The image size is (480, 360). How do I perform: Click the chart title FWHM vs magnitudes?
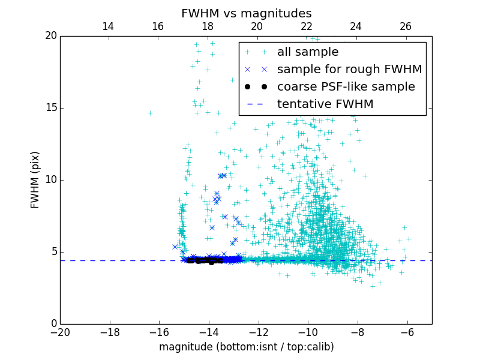coord(246,13)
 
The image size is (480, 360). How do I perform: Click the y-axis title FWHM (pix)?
coord(35,180)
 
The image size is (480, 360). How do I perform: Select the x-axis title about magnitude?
coord(246,347)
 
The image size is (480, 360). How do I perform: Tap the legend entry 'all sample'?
coord(308,52)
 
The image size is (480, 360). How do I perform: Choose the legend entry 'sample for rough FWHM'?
coord(349,70)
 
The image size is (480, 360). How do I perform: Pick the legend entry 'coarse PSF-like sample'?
coord(346,87)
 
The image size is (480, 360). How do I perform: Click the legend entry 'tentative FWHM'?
coord(325,104)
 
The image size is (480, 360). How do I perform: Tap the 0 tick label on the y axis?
coord(53,324)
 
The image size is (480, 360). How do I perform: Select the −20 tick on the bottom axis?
coord(60,332)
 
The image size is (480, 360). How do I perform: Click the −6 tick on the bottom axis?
coord(407,332)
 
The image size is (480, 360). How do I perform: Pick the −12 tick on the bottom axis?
coord(259,332)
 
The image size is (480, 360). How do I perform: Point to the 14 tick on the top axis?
coord(108,26)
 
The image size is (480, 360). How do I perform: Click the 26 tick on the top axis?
coord(406,26)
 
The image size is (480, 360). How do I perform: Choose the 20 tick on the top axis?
coord(257,26)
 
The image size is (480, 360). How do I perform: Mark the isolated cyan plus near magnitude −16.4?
coord(150,113)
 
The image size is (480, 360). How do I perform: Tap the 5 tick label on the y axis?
coord(53,252)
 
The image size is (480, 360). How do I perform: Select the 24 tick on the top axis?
coord(356,26)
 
